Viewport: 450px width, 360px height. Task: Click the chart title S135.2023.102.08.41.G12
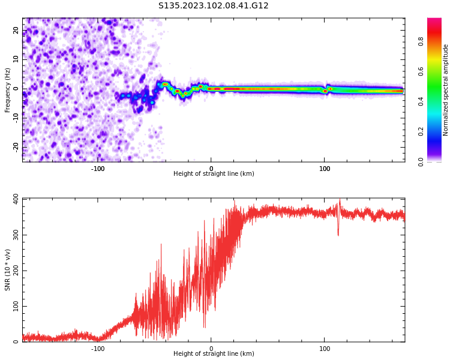214,6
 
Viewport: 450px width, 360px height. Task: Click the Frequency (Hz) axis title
8,90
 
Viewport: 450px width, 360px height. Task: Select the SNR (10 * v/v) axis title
8,270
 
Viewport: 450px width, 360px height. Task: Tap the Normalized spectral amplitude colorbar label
446,90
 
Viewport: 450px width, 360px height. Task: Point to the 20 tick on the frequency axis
17,31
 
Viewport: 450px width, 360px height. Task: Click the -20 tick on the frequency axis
16,147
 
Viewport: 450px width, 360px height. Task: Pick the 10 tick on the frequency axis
17,59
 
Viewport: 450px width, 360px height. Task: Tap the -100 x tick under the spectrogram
98,169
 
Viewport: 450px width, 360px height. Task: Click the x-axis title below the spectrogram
214,174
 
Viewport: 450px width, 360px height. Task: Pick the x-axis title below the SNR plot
214,354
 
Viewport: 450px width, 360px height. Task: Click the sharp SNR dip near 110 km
338,234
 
